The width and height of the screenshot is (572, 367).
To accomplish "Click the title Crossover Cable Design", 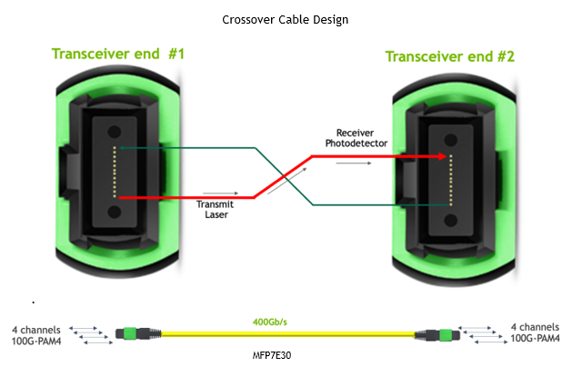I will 285,19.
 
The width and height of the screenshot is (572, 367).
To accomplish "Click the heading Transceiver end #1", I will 118,54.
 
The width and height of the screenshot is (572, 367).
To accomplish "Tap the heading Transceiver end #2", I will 450,56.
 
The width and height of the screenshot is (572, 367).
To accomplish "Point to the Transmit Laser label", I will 216,210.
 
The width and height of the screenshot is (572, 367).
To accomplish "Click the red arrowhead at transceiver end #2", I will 443,156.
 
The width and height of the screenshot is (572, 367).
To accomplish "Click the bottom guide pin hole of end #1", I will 115,212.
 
